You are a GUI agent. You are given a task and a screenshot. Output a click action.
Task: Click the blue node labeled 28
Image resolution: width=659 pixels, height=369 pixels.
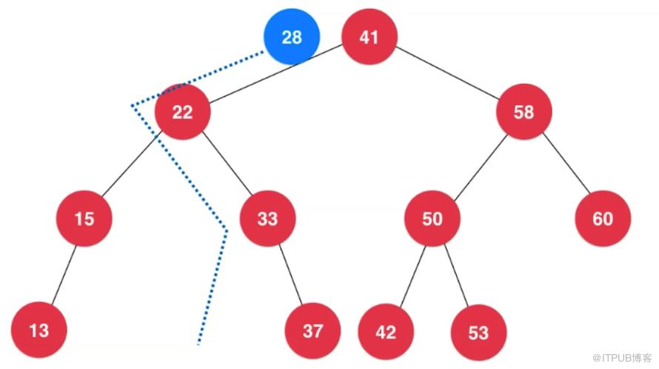point(292,36)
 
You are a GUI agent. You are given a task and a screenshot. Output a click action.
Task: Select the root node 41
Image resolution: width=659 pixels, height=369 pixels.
point(369,36)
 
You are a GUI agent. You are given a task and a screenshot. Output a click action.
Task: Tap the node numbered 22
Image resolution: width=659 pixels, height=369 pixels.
point(182,111)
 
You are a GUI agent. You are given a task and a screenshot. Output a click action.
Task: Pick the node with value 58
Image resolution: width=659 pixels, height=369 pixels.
point(523,111)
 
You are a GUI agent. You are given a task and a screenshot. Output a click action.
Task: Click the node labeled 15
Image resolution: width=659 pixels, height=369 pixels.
point(84,219)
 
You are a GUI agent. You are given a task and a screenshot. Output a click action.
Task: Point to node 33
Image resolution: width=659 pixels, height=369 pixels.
point(268,219)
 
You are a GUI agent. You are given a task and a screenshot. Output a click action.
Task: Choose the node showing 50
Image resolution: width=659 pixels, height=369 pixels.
point(432,219)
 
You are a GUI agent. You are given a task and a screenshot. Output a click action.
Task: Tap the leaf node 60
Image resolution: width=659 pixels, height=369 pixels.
point(603,219)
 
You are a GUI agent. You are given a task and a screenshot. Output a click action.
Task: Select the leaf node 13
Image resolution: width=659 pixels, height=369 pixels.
point(39,330)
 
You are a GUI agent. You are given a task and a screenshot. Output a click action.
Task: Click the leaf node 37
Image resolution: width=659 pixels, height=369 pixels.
point(312,330)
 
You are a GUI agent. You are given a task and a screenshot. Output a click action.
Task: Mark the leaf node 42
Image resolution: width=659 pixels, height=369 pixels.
point(386,331)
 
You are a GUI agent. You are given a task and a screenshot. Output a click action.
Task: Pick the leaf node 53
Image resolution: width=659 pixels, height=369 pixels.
point(478,333)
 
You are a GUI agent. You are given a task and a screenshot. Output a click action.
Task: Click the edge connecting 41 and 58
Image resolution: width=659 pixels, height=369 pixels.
point(447,73)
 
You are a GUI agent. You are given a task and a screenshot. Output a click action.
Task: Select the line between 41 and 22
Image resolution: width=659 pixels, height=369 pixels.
point(275,74)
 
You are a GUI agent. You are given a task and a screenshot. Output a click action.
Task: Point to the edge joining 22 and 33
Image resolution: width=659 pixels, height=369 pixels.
point(227,164)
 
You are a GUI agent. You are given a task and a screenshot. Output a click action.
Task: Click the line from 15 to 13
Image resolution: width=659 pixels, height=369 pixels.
point(64,275)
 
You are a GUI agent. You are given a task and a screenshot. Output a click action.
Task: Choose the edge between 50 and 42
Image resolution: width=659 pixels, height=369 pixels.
point(412,276)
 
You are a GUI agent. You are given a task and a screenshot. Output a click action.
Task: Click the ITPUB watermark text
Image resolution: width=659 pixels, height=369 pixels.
point(622,358)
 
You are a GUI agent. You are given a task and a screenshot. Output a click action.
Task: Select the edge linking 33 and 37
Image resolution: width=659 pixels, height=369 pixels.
point(290,274)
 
